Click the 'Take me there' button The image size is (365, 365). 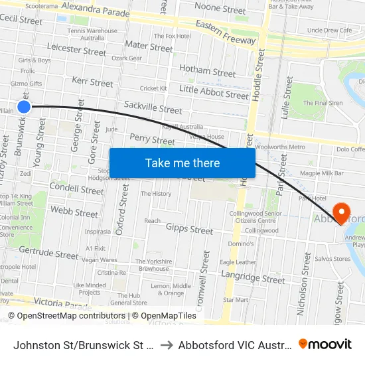pyautogui.click(x=182, y=163)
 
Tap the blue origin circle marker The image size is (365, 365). pyautogui.click(x=24, y=107)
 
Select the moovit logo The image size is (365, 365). pyautogui.click(x=325, y=344)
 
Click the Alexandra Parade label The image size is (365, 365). pyautogui.click(x=96, y=8)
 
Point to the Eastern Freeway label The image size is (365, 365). pyautogui.click(x=226, y=32)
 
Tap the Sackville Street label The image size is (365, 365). pyautogui.click(x=153, y=108)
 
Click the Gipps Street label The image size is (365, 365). pyautogui.click(x=190, y=230)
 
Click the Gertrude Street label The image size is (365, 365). pyautogui.click(x=48, y=253)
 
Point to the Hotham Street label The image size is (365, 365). pyautogui.click(x=208, y=71)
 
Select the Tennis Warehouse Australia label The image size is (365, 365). pyautogui.click(x=92, y=34)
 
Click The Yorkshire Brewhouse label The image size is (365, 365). pyautogui.click(x=153, y=265)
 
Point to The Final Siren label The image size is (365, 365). pyautogui.click(x=323, y=103)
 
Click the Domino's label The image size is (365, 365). pyautogui.click(x=241, y=244)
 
